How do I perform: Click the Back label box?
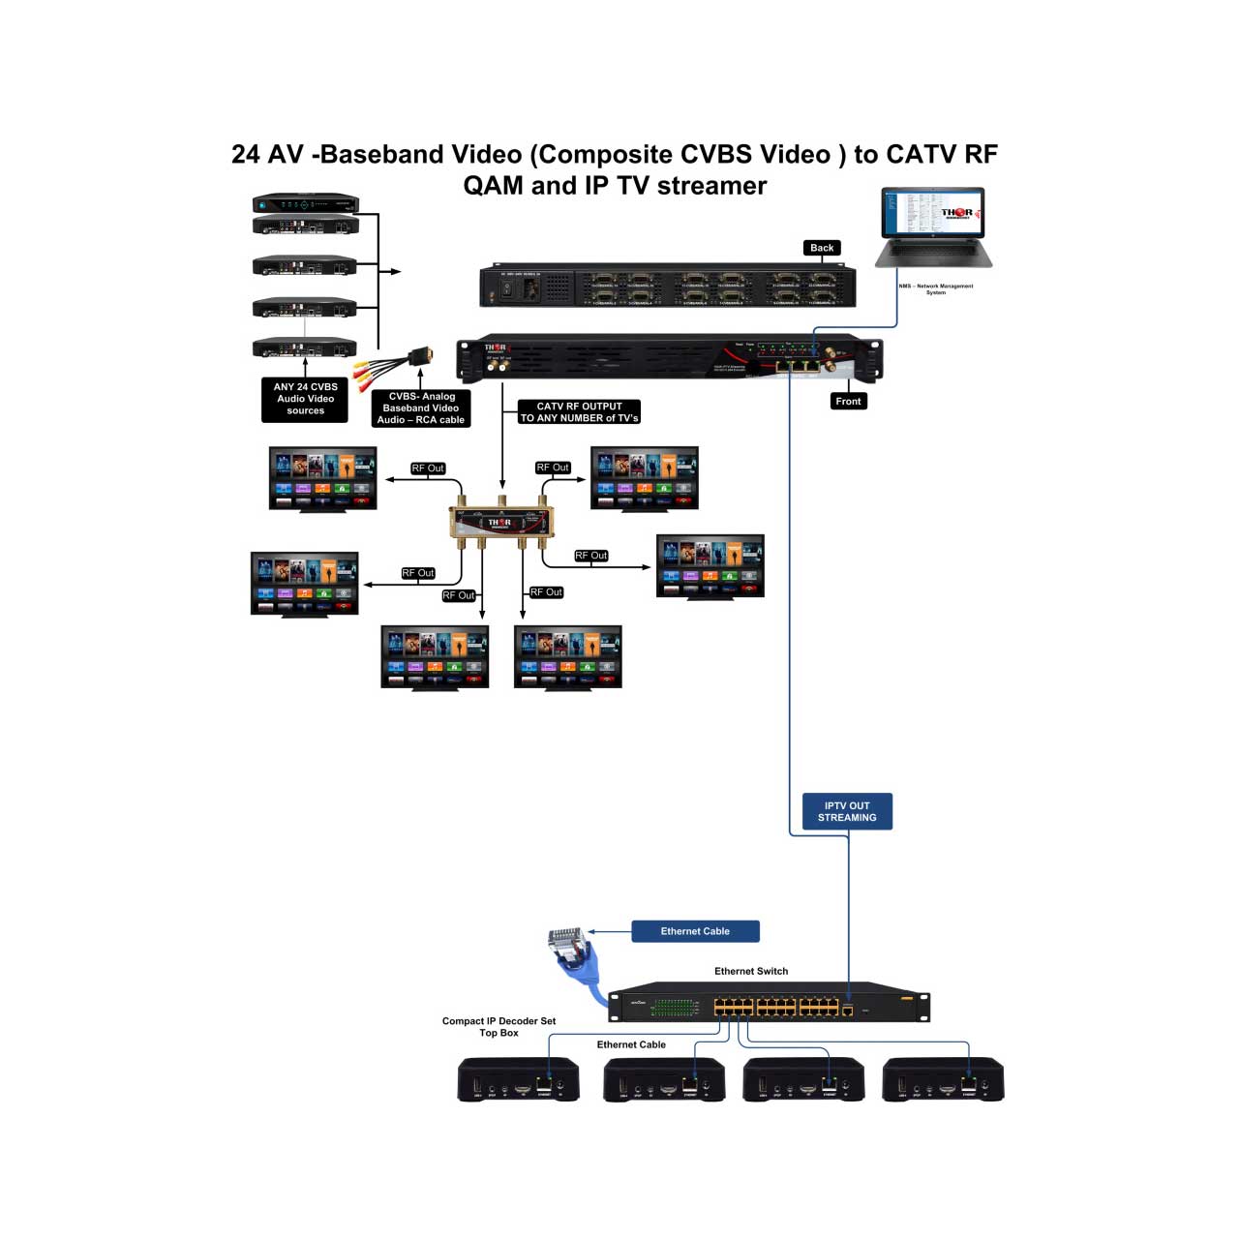pos(822,248)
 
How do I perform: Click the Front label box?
pos(848,401)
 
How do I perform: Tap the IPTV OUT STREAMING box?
pos(847,811)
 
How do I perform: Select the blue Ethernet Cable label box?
pos(695,931)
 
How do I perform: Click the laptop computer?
pos(934,227)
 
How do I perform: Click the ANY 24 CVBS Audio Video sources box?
pos(305,399)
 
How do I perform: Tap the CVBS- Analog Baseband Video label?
pos(421,408)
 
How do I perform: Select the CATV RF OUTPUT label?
pos(579,412)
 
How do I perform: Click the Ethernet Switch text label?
pos(751,971)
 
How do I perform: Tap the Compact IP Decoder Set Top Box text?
pos(499,1027)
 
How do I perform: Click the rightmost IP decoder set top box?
pos(943,1079)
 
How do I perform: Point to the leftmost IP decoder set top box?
pos(518,1079)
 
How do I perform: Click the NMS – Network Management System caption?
pos(935,288)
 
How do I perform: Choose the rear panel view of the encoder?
pos(668,287)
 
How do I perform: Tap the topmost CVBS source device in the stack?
pos(306,204)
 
